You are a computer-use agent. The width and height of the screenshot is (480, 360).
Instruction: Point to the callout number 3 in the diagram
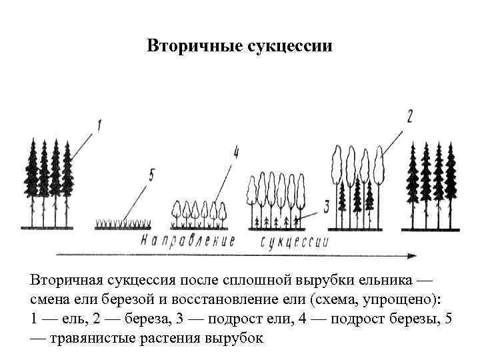(x=326, y=206)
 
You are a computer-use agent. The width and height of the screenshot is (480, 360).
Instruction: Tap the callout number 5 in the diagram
(x=151, y=175)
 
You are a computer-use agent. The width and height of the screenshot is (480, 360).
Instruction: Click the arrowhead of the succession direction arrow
(x=412, y=254)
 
